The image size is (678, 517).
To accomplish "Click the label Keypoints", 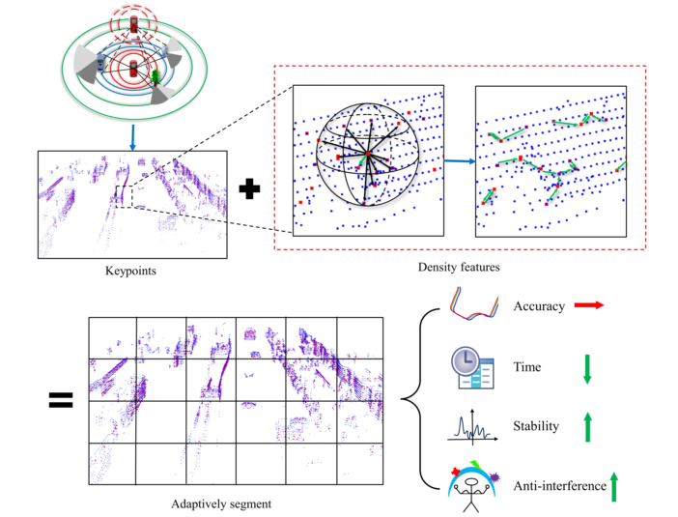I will (130, 272).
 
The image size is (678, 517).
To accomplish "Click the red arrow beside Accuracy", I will (588, 304).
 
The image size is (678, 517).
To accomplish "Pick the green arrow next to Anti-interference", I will (614, 485).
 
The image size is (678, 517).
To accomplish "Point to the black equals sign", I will (63, 398).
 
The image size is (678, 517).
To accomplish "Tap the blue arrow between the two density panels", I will (459, 161).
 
